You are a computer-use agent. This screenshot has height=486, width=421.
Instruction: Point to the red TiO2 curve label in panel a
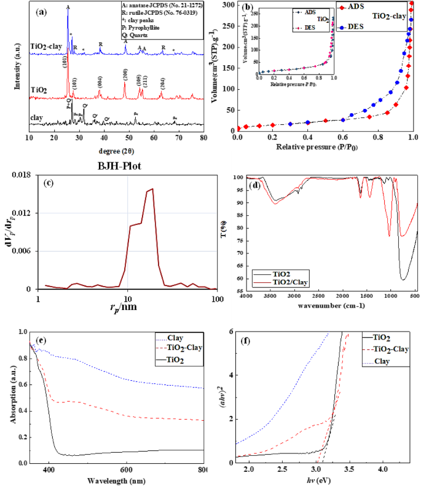point(39,89)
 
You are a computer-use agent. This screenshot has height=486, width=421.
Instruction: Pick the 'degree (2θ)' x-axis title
point(115,150)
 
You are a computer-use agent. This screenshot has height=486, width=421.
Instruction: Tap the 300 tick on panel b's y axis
point(227,5)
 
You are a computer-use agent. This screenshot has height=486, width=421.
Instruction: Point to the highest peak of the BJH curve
point(151,189)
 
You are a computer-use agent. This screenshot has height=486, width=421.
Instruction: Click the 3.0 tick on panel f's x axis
point(316,469)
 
